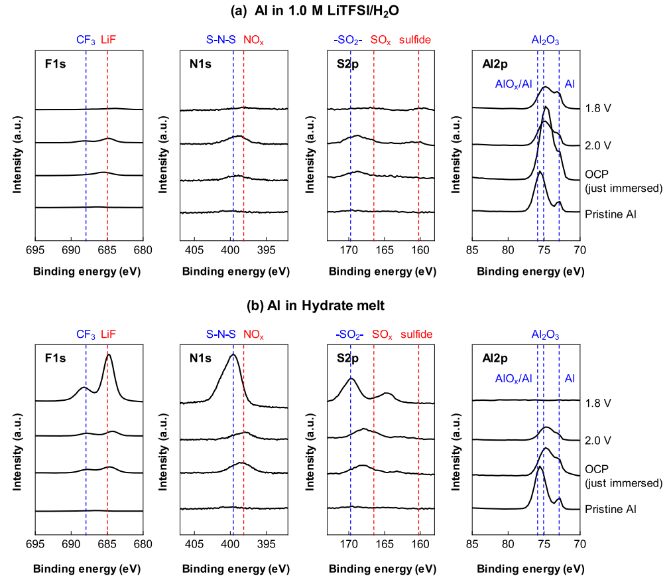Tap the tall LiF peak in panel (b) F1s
109,356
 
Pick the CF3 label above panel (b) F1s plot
86,335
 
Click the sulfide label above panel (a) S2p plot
415,40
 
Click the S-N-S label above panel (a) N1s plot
223,40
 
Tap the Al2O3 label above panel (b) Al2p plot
545,335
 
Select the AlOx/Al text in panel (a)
513,84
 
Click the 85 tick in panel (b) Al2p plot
472,545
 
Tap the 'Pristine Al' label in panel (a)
611,214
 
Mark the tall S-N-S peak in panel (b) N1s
232,356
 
